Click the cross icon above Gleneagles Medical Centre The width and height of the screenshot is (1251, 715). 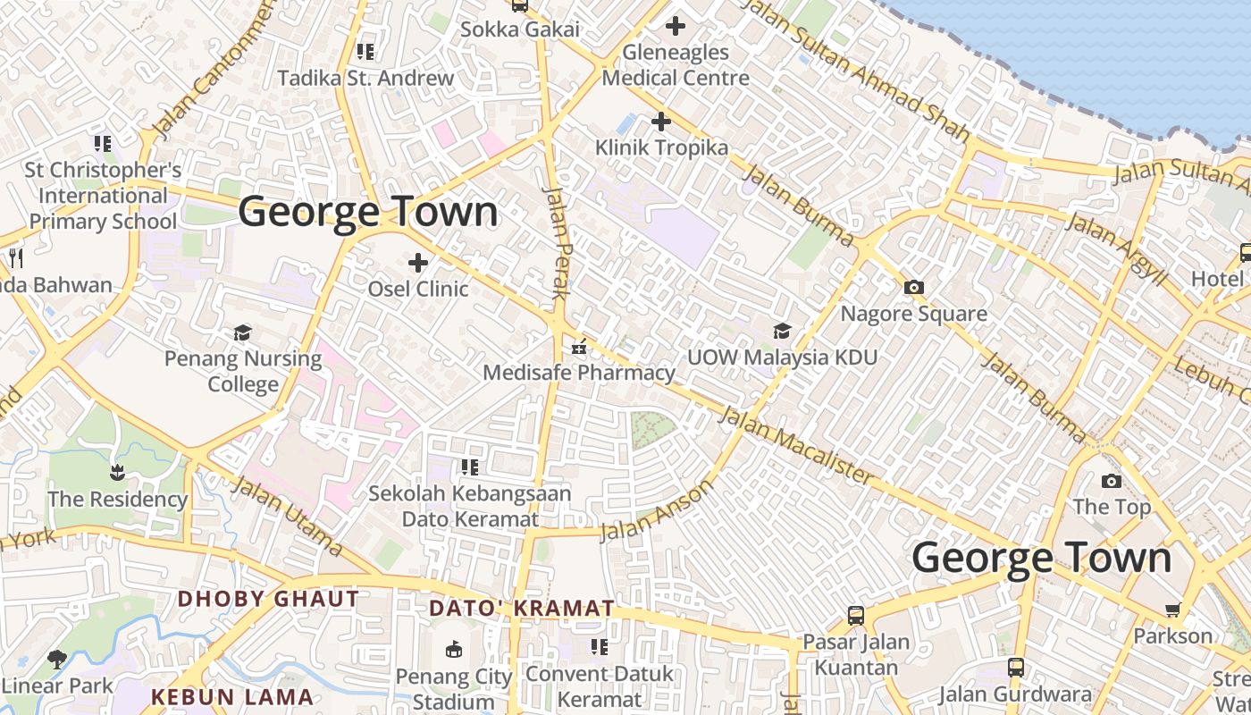pos(676,27)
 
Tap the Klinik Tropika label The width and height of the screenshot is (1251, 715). pos(661,147)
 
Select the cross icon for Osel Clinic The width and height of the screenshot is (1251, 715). pos(417,263)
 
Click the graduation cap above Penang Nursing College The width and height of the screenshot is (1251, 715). pos(242,333)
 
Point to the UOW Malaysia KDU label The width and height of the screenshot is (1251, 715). pos(782,357)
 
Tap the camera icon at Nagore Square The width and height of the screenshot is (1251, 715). pos(913,288)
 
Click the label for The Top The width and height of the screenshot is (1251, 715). pos(1111,507)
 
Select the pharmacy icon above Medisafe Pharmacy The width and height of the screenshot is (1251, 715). pos(579,347)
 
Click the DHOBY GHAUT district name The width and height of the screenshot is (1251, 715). pos(268,599)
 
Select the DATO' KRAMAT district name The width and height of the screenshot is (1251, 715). pos(522,609)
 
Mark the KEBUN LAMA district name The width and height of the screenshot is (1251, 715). pos(232,697)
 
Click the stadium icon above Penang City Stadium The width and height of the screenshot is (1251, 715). pos(454,649)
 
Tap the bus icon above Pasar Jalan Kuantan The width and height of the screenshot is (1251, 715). pos(855,616)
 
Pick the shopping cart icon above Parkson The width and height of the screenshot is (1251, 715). pos(1172,610)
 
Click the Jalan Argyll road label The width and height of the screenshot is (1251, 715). pos(1117,249)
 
